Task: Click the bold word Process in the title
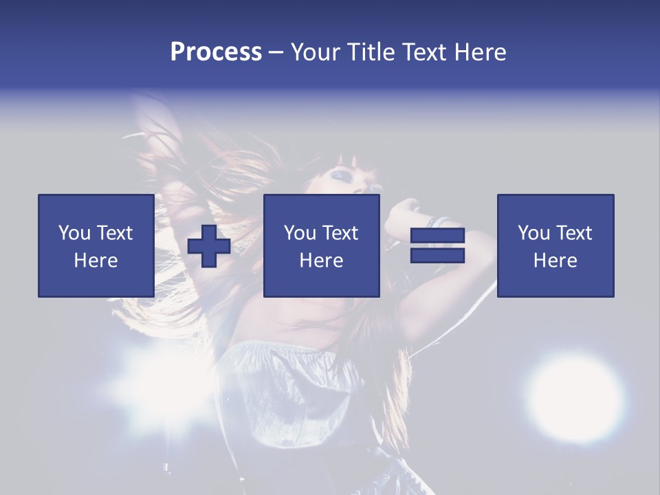point(216,52)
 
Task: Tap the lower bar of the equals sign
point(437,256)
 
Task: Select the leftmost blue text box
point(96,245)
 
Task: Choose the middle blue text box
point(321,245)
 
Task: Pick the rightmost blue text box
point(555,245)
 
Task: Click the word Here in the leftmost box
point(96,261)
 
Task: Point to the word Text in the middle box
point(340,233)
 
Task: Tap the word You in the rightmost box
point(534,233)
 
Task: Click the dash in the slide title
point(276,52)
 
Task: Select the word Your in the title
point(318,52)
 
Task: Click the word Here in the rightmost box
point(555,261)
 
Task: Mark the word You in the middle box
point(300,233)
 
